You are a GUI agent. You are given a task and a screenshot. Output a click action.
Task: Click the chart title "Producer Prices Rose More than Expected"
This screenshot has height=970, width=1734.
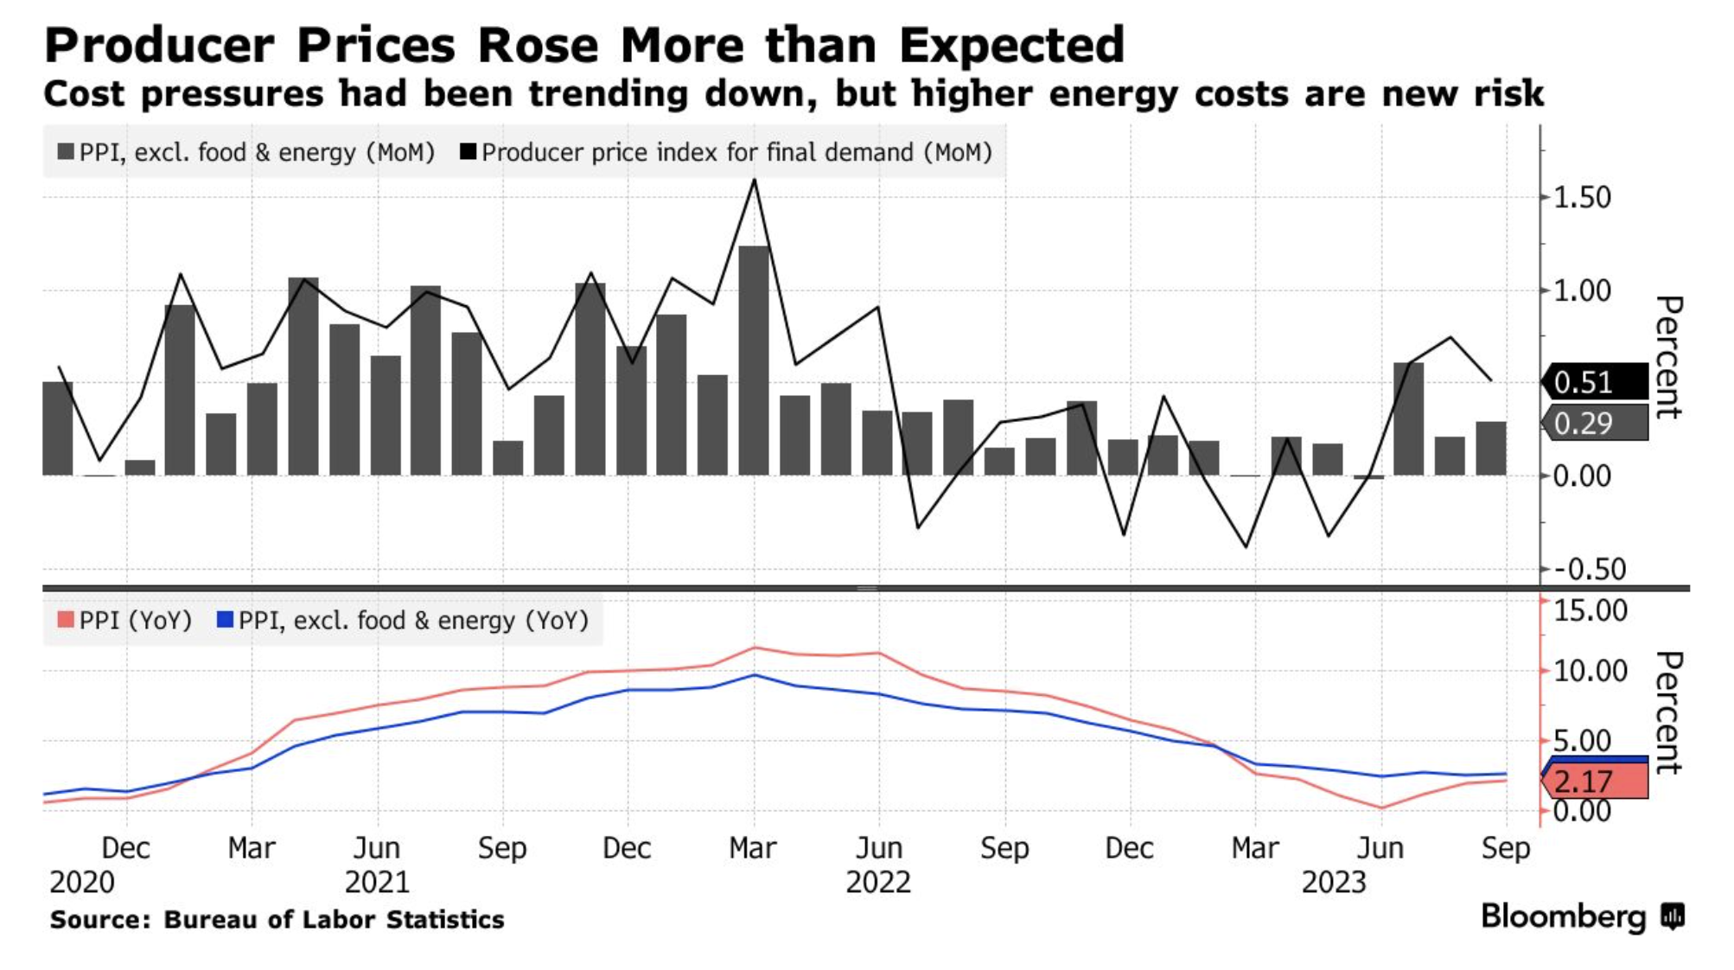tap(584, 45)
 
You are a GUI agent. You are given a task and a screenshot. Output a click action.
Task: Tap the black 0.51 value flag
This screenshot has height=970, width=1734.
tap(1595, 382)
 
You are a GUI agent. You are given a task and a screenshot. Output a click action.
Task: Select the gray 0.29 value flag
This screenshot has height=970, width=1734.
tap(1595, 424)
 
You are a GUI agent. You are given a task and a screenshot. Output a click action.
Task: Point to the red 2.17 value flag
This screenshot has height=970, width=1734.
tap(1595, 782)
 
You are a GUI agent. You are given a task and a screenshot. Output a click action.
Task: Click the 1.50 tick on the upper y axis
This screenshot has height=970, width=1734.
tap(1582, 198)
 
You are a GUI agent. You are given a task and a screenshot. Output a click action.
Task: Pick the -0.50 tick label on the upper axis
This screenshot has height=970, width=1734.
tap(1589, 570)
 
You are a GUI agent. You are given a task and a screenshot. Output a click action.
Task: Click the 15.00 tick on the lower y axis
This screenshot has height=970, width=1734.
tap(1591, 610)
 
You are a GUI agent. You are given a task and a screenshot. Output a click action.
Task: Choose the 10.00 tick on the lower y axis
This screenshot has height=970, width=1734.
tap(1591, 671)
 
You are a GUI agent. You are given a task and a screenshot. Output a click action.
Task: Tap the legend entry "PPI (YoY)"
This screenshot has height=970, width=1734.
tap(125, 621)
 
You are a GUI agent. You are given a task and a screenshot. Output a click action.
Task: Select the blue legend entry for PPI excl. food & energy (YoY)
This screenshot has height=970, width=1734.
tap(403, 621)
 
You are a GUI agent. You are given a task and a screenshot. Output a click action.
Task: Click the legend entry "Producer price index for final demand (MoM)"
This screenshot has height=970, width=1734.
tap(726, 153)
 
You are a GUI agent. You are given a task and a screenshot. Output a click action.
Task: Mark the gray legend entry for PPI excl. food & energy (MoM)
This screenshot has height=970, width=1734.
tap(246, 153)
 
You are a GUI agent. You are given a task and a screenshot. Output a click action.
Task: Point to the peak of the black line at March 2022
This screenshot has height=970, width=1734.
tap(755, 180)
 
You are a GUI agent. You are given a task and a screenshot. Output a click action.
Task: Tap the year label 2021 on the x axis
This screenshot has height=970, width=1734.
tap(377, 883)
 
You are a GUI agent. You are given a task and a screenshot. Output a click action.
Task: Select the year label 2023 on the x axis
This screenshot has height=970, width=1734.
tap(1334, 883)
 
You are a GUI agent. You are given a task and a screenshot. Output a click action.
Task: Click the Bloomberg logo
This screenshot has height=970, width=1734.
tap(1582, 916)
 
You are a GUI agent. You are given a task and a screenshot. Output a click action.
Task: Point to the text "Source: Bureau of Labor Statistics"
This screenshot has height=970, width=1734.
tap(277, 920)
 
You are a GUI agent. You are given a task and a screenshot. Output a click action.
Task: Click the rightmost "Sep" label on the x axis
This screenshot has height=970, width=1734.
tap(1505, 848)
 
